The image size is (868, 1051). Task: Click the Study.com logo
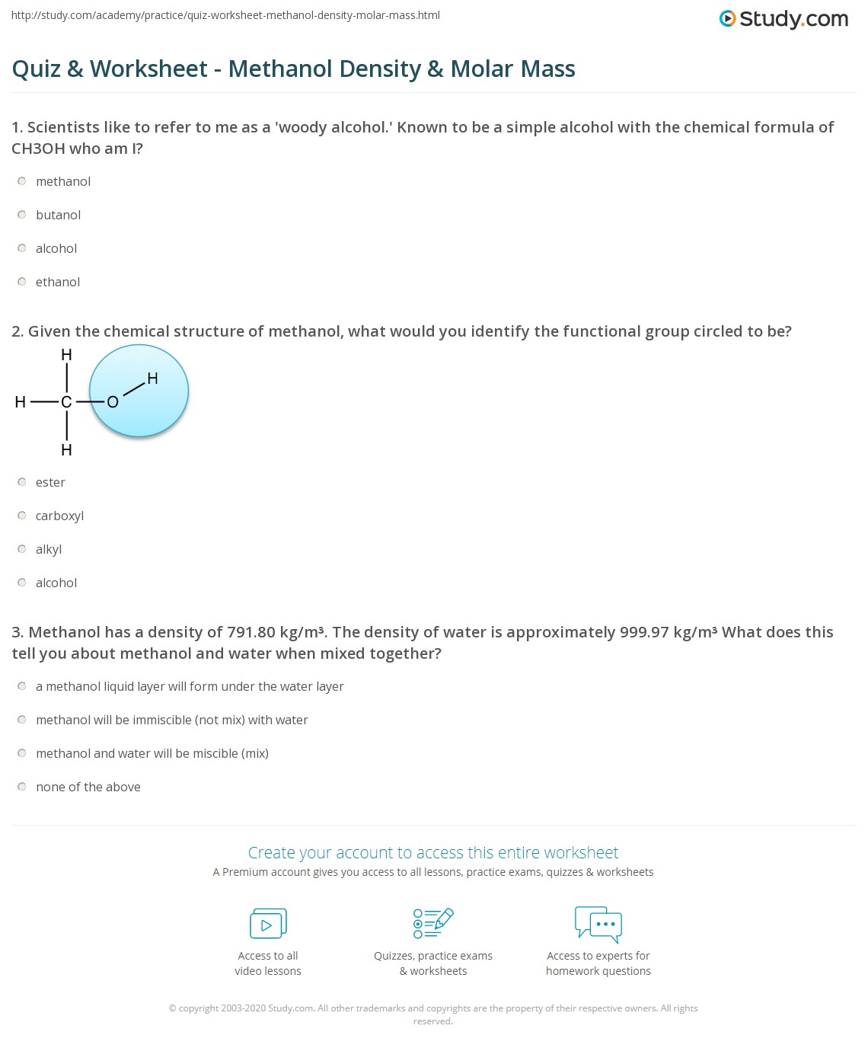(783, 19)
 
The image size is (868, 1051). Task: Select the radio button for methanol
(22, 181)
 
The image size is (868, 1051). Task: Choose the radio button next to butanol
(22, 215)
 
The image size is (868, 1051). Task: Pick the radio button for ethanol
(22, 282)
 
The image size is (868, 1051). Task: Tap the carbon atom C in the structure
(66, 402)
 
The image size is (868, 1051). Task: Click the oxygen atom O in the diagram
(113, 402)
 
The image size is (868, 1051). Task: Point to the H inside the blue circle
(152, 379)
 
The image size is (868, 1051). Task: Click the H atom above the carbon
(66, 355)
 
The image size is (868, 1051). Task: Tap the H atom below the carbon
(66, 450)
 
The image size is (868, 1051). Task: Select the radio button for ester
(22, 482)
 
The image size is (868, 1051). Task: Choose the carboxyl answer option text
(59, 516)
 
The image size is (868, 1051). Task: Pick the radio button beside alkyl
(22, 549)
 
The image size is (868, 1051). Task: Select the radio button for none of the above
(22, 787)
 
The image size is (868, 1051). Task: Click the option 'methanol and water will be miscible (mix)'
(152, 753)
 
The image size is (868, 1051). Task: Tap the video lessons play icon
(268, 924)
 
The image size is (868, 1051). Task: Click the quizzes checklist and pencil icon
(433, 923)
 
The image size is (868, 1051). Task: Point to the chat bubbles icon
(598, 924)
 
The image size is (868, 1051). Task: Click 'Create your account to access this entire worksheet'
(433, 852)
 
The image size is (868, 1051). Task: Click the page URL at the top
(225, 15)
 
